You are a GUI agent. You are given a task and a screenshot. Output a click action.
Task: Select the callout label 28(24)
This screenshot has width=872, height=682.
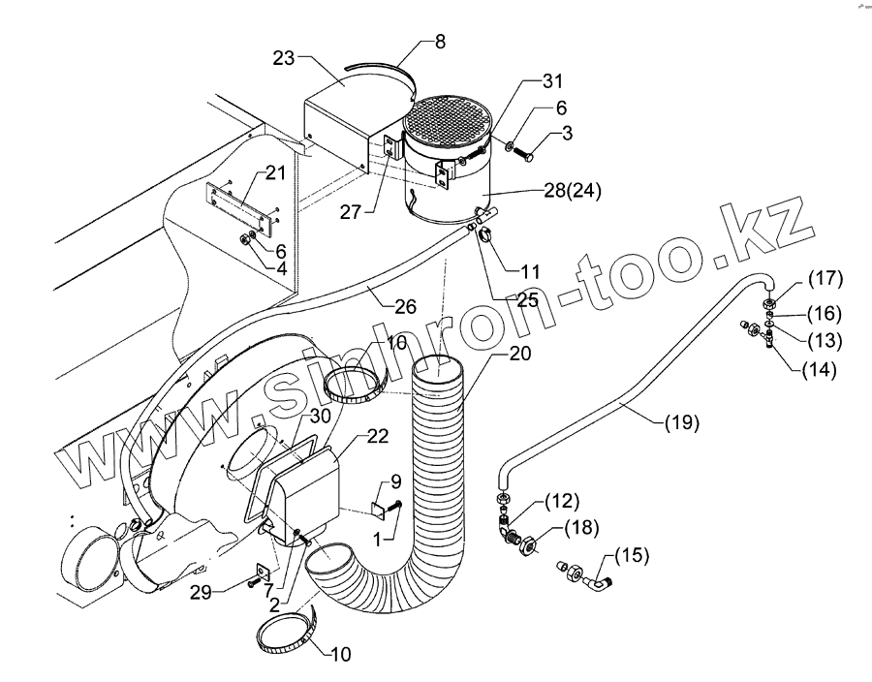[573, 191]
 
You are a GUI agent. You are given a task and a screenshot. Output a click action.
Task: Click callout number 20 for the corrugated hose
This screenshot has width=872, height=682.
[519, 355]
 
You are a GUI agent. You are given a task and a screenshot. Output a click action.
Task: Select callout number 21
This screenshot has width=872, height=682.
[275, 173]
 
